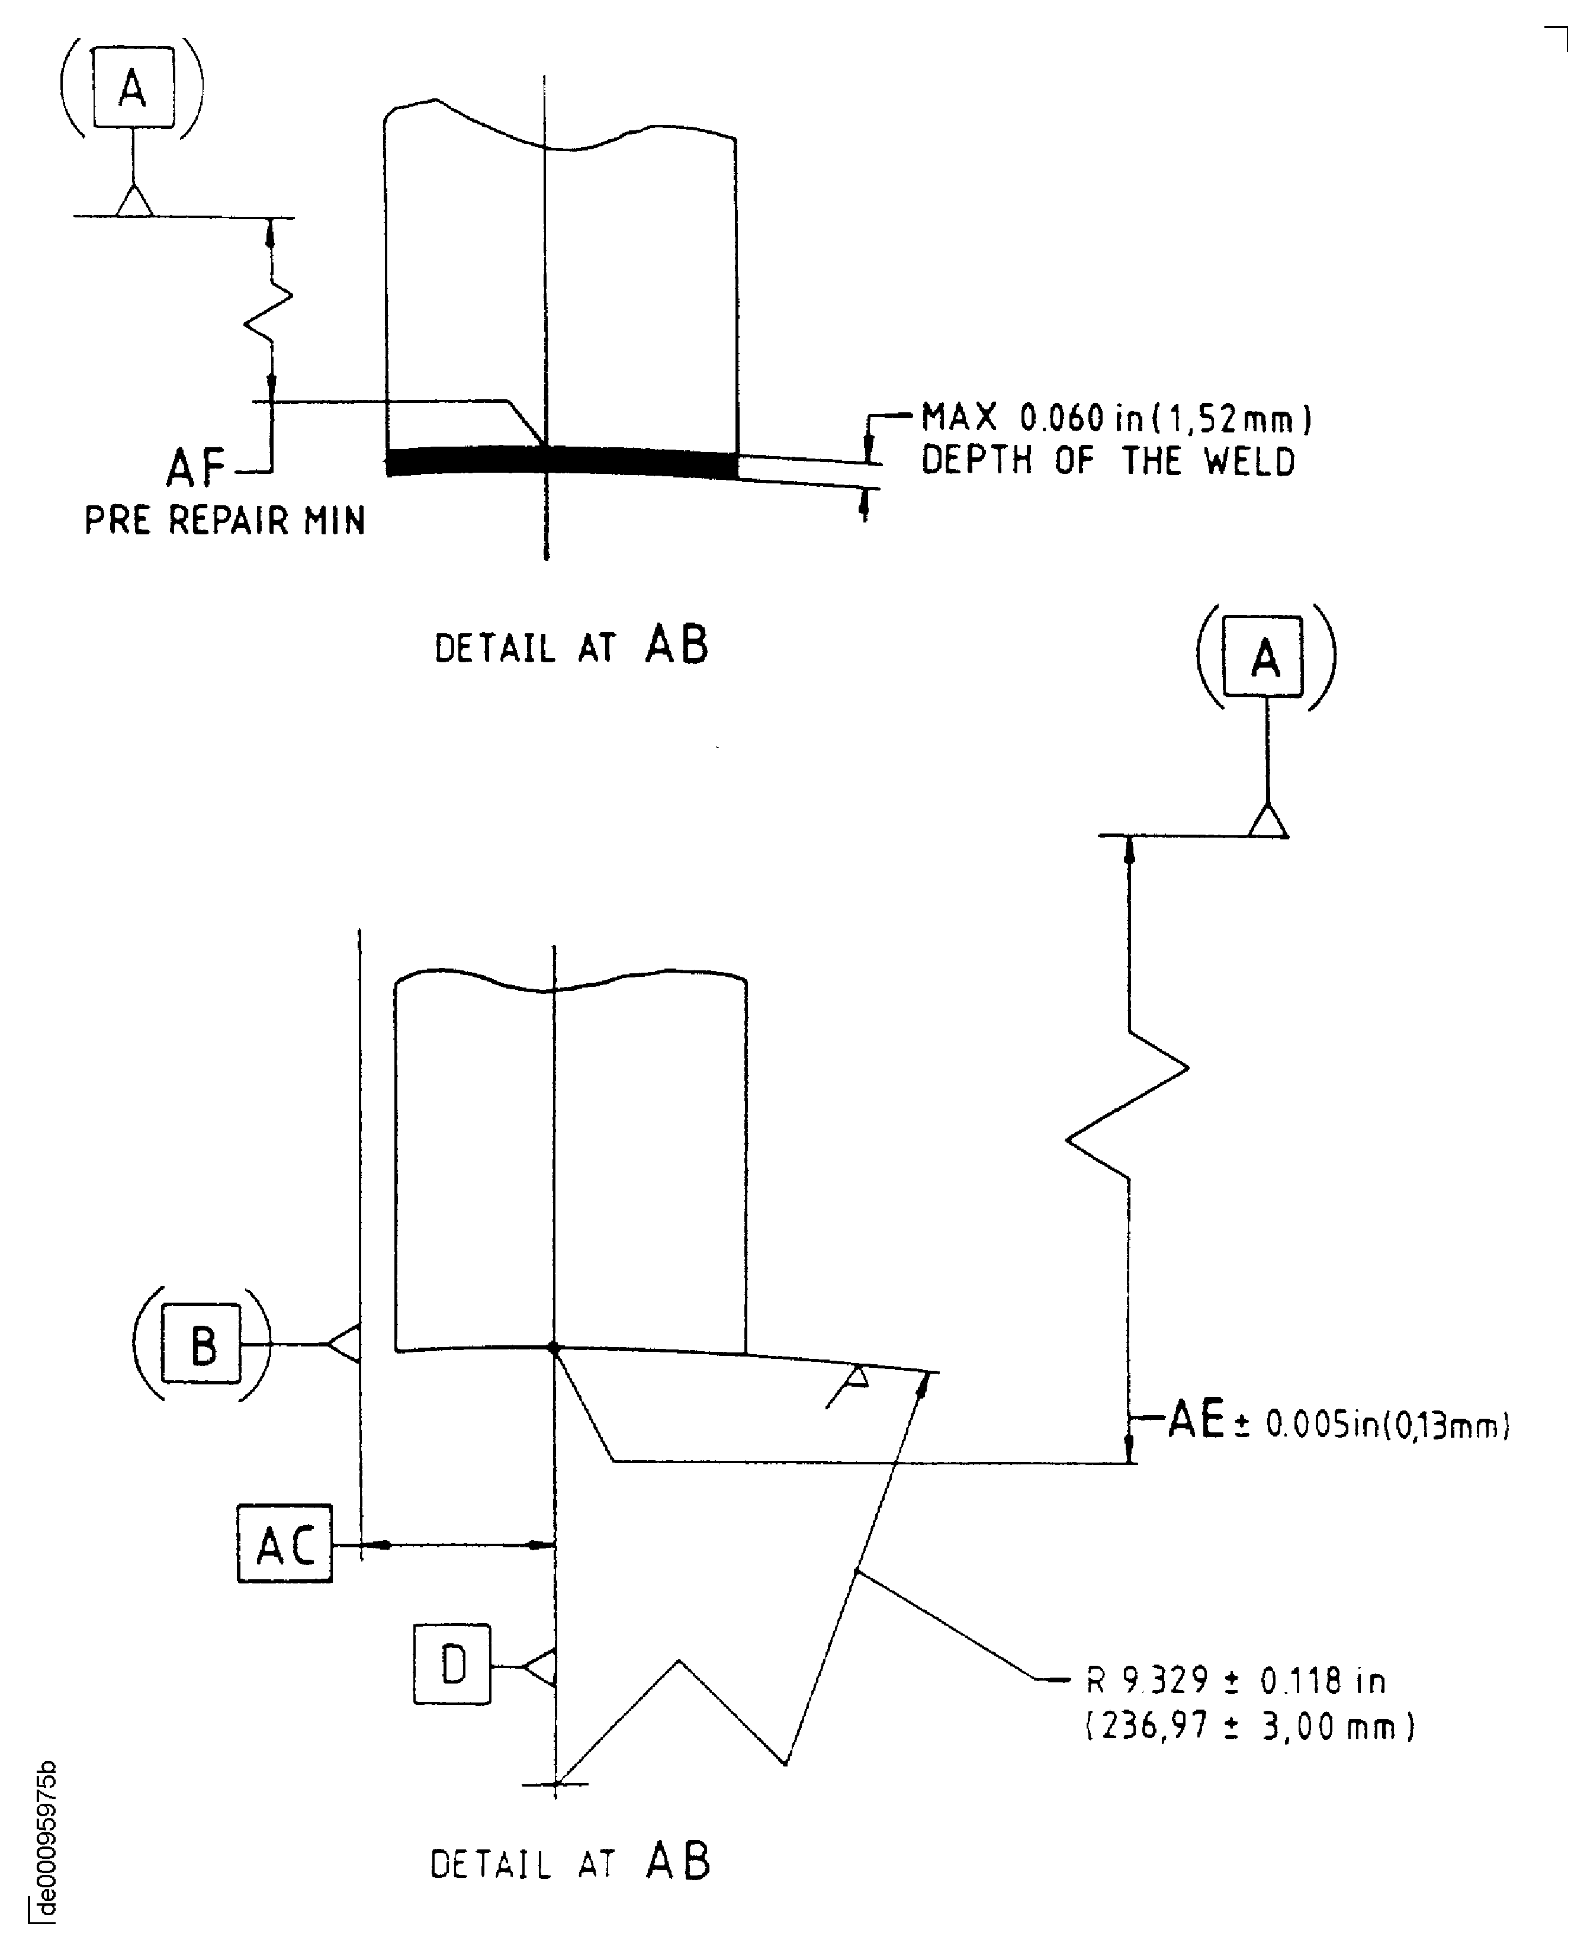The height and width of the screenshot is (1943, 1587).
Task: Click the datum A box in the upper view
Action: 133,88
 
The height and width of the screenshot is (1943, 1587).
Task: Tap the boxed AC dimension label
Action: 284,1546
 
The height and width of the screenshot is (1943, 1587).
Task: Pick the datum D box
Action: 452,1666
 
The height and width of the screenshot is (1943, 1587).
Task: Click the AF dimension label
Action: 195,468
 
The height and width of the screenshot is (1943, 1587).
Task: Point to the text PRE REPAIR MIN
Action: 225,521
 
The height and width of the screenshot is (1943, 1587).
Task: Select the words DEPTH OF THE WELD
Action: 1108,461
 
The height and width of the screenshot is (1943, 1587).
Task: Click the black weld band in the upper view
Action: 562,461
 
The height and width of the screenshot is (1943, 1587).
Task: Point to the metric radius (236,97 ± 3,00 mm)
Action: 1249,1726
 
